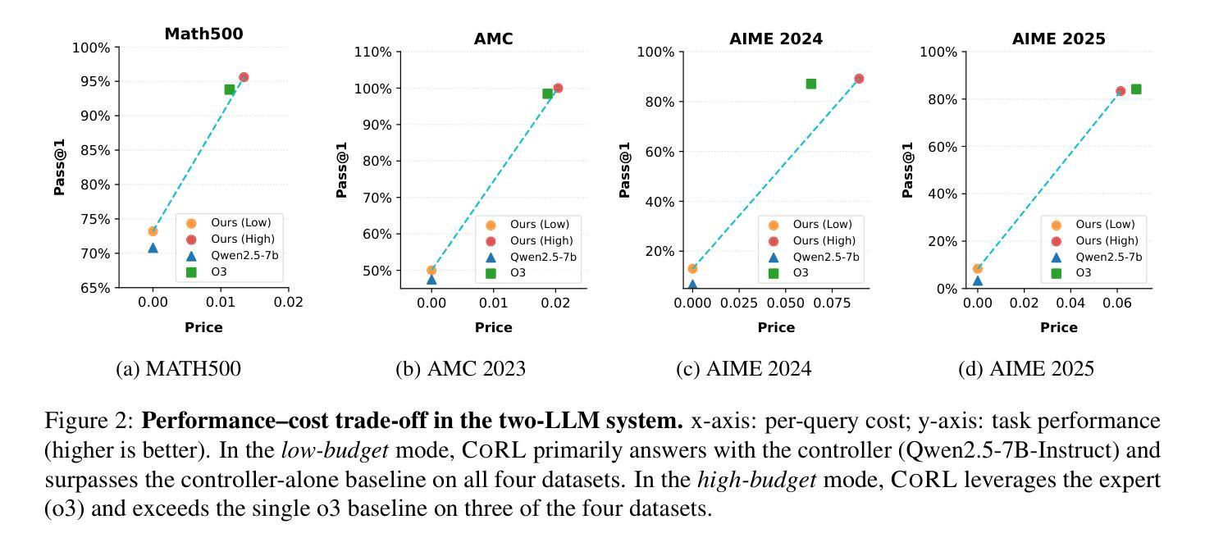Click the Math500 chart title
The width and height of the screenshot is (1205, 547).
(203, 34)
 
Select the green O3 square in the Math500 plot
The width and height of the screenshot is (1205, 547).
(230, 89)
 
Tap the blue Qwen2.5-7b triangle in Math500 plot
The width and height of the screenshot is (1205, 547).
(153, 247)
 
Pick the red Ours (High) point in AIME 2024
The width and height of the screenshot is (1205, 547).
(859, 79)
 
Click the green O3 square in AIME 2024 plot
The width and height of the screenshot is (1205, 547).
(811, 84)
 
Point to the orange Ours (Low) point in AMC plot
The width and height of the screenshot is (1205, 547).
(431, 270)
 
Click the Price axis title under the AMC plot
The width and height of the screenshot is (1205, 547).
(493, 327)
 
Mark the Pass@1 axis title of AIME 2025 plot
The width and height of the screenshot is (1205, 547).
(907, 170)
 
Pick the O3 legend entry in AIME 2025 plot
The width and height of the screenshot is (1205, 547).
(1083, 272)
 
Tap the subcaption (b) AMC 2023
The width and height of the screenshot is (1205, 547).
(460, 369)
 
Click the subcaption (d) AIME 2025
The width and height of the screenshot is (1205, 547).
(1025, 369)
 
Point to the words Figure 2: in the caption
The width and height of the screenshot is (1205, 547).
(89, 422)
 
